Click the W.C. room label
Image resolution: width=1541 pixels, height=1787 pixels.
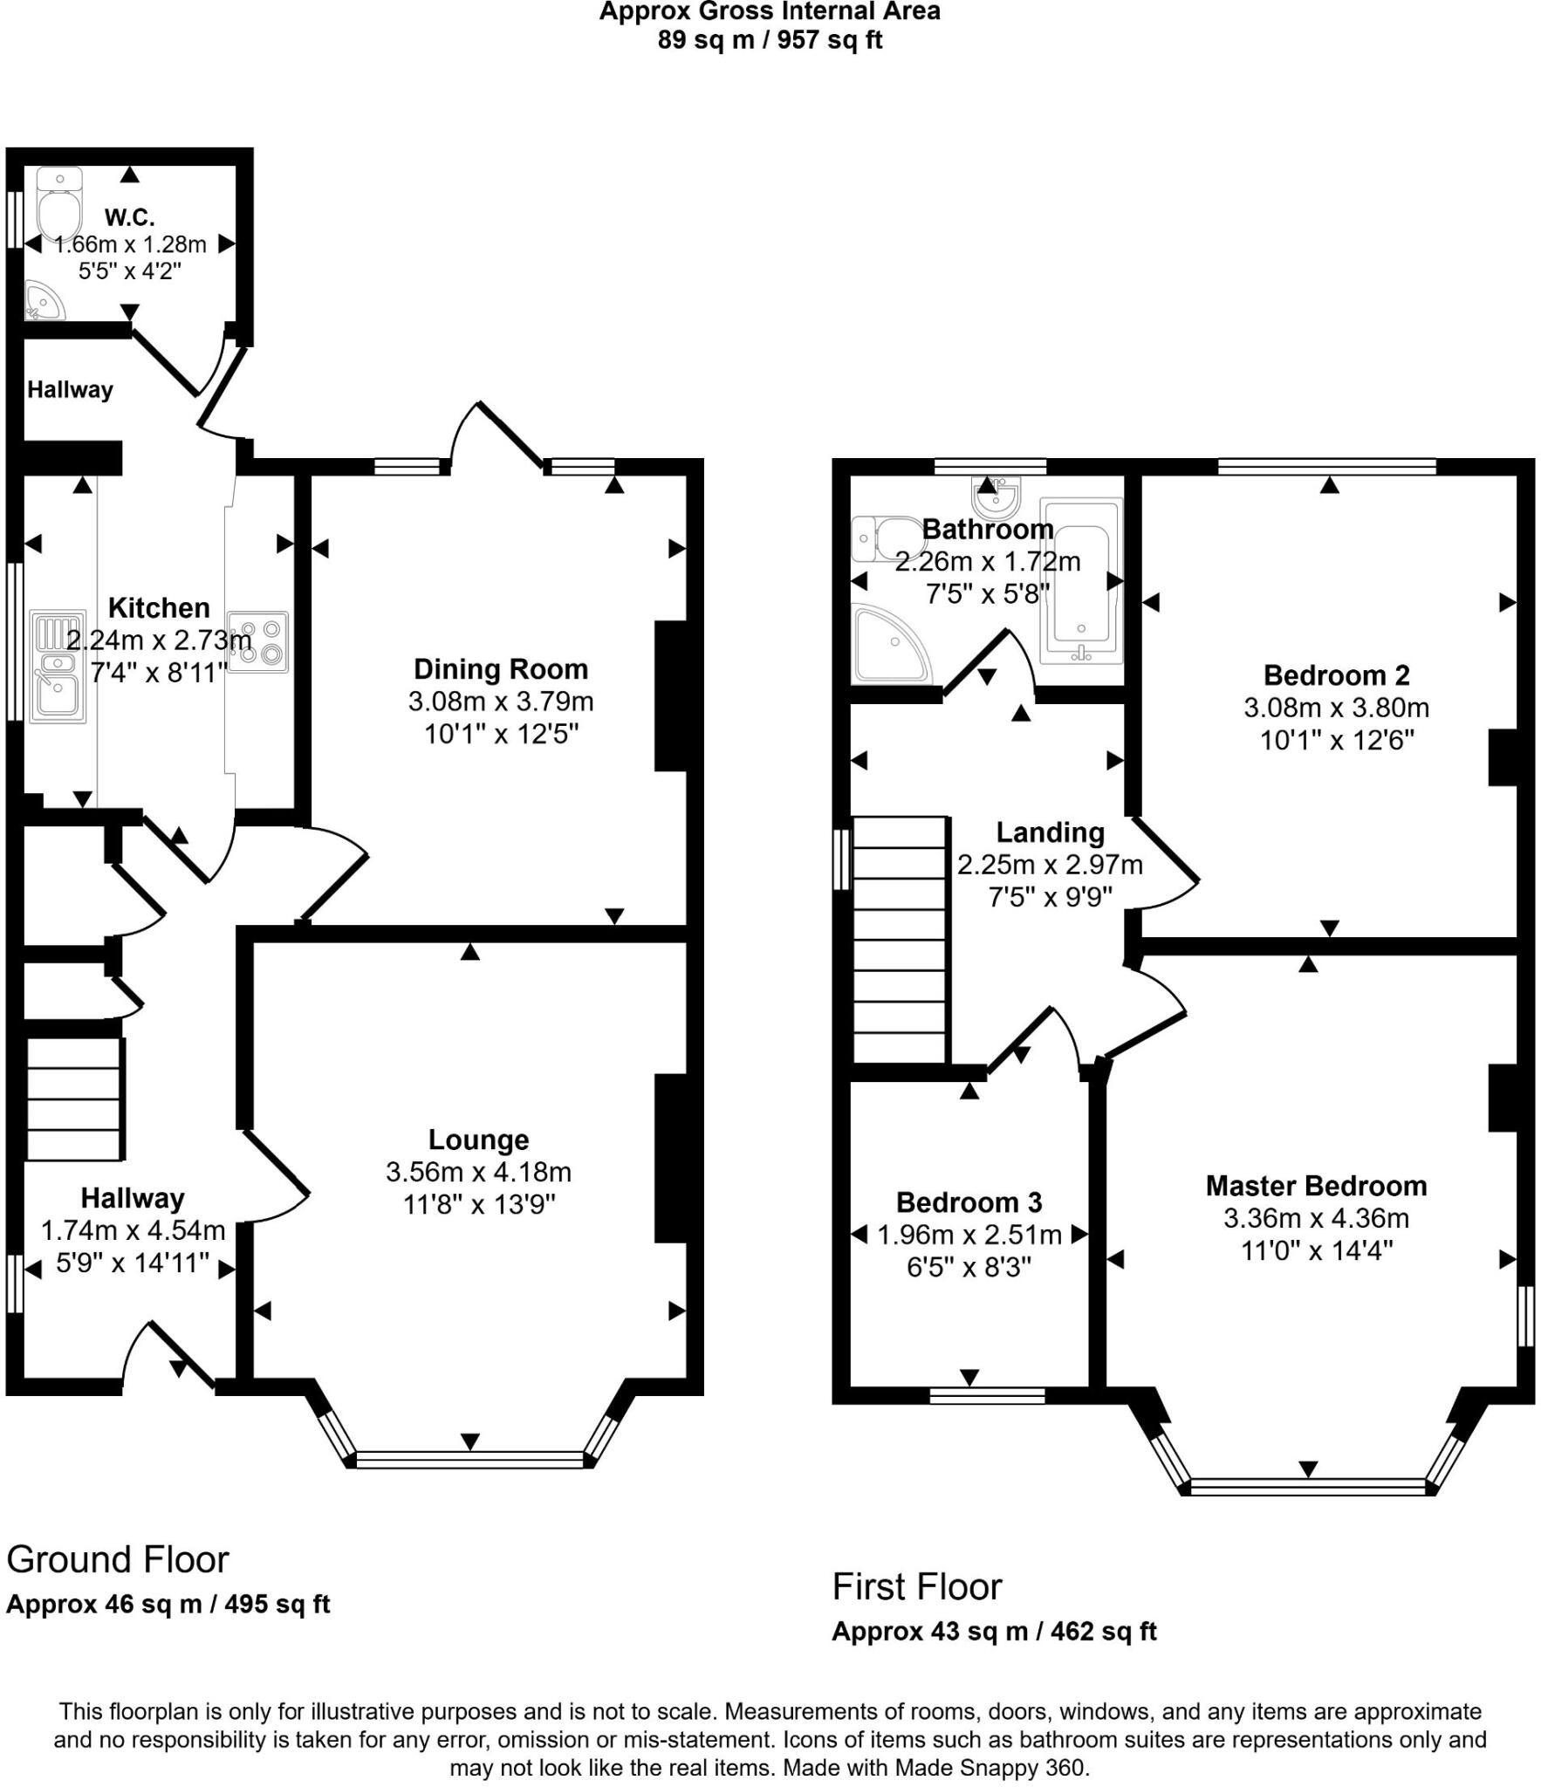129,216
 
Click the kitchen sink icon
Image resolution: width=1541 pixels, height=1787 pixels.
58,667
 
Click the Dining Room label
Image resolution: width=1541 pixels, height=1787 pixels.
500,669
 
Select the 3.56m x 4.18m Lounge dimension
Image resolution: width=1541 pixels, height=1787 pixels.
478,1172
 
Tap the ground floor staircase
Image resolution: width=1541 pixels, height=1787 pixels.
73,1099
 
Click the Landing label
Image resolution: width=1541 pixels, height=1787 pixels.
1050,832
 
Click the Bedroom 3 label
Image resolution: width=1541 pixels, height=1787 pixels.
969,1202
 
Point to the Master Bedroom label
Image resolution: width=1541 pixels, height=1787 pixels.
1316,1186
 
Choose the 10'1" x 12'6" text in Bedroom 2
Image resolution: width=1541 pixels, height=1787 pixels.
1336,740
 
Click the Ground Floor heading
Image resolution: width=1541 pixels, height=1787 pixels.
118,1559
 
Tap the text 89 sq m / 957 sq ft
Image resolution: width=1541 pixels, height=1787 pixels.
770,40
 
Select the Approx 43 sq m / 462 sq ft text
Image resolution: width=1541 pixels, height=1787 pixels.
994,1631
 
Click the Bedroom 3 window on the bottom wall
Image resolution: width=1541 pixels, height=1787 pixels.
987,1395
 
